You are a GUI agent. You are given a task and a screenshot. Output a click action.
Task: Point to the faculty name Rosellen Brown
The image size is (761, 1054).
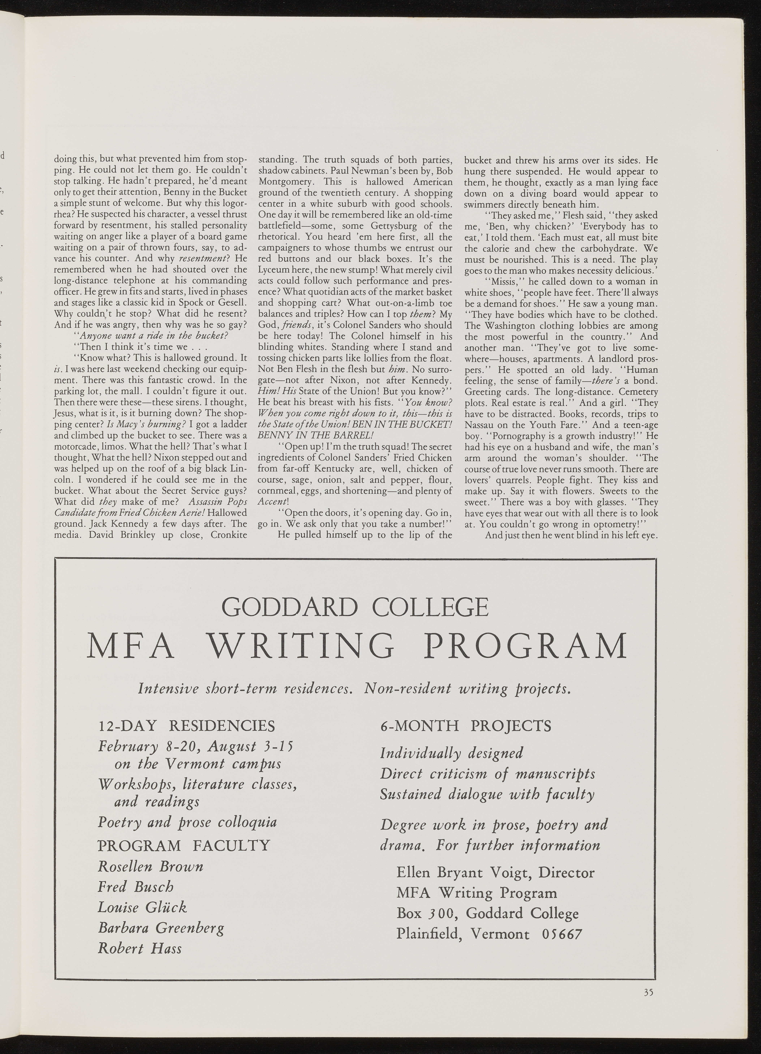[151, 866]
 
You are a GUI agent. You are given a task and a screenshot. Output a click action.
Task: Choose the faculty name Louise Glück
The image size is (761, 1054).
[142, 907]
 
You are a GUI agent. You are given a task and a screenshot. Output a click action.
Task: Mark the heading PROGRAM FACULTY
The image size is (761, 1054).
[184, 845]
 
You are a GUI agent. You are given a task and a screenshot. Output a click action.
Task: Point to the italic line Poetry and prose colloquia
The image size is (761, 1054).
[187, 822]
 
